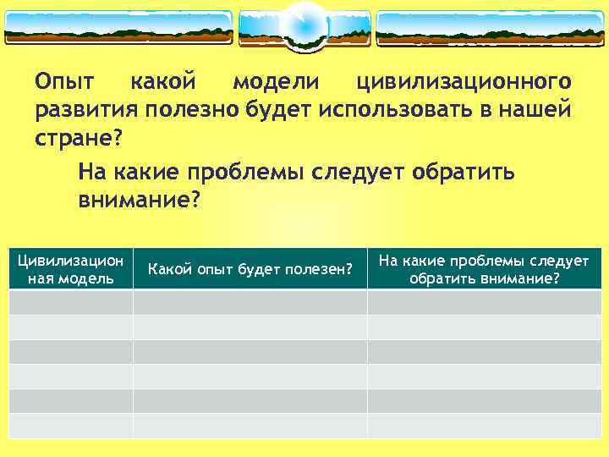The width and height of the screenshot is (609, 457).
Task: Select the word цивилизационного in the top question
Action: (x=464, y=82)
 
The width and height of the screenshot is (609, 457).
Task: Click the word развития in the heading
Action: (x=85, y=110)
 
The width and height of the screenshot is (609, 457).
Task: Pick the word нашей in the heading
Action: (x=532, y=110)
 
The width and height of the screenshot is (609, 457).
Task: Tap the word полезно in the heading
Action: (x=191, y=110)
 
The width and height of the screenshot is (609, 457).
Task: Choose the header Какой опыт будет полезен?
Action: (x=250, y=269)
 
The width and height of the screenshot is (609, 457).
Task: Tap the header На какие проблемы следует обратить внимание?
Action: (x=484, y=269)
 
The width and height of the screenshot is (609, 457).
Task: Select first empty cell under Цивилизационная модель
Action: (x=71, y=302)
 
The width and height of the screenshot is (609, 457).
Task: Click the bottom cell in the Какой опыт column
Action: (x=250, y=426)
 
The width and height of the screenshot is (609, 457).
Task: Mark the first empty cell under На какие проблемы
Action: (x=484, y=302)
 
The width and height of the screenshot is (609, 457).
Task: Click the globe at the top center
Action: (x=304, y=25)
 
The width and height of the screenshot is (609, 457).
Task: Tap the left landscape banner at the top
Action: (x=118, y=28)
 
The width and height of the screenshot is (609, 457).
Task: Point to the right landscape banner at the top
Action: (x=490, y=28)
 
